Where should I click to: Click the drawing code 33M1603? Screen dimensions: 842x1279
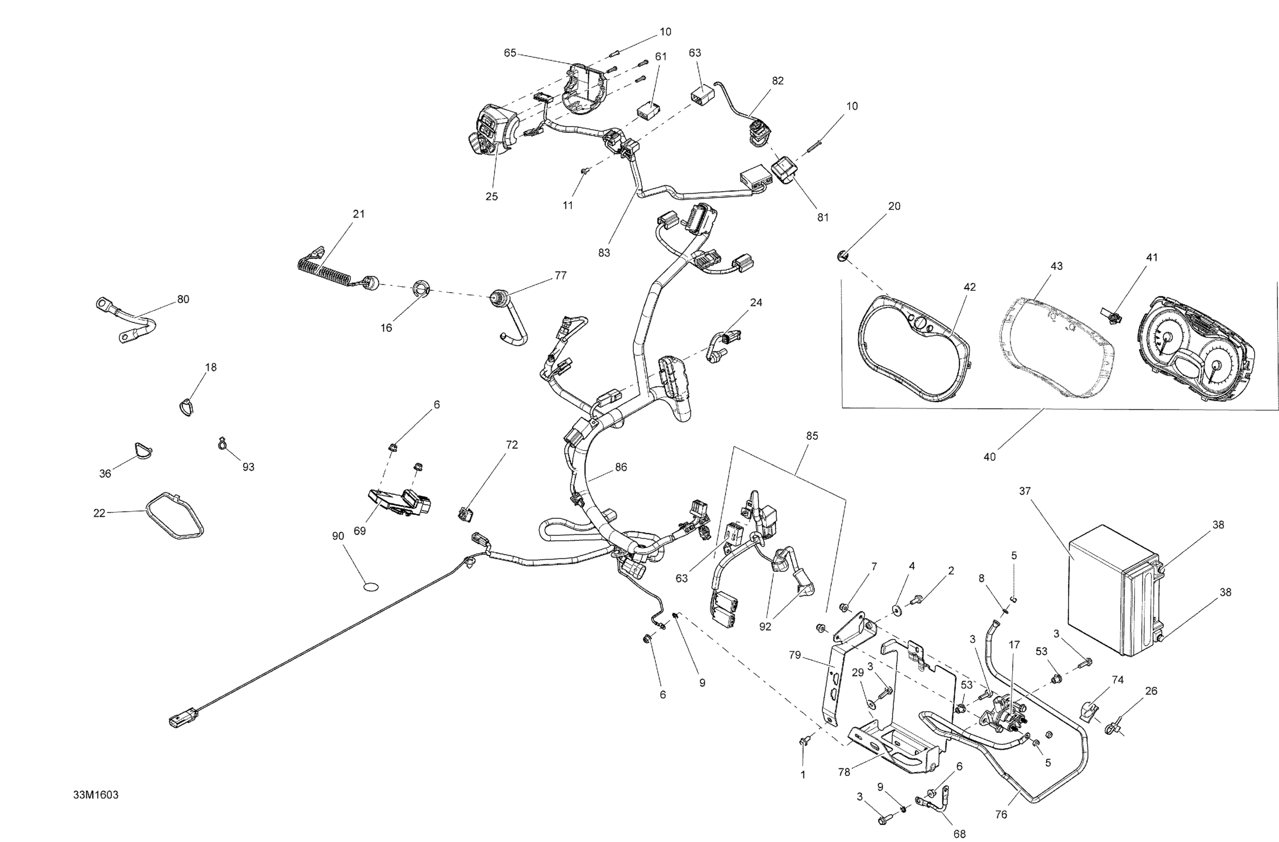(96, 795)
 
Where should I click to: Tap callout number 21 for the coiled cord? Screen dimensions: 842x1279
(358, 214)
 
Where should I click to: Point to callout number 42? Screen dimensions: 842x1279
(969, 287)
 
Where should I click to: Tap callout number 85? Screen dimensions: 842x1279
(812, 436)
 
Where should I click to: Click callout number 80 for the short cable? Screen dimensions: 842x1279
(183, 299)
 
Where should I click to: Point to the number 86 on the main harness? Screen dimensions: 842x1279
(621, 467)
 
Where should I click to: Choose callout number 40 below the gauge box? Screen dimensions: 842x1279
(989, 457)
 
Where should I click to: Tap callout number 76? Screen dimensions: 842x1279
(1000, 815)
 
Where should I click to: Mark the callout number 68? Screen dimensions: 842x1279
(959, 834)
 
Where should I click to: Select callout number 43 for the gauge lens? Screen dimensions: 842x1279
(1056, 266)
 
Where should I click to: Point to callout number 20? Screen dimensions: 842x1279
(894, 206)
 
